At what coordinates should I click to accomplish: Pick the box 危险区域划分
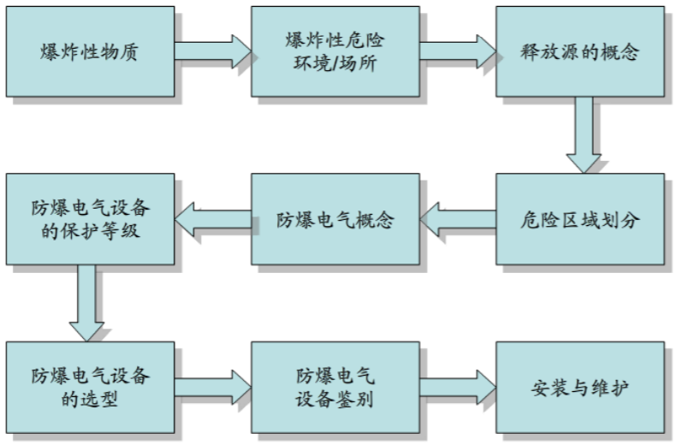581,218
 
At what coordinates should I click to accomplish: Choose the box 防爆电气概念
335,218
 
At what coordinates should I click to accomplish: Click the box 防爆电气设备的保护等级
89,218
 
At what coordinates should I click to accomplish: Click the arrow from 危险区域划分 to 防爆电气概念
459,218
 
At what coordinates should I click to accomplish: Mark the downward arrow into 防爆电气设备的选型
86,301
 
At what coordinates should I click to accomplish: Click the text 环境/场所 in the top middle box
335,63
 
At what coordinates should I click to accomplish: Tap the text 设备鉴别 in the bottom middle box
335,398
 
